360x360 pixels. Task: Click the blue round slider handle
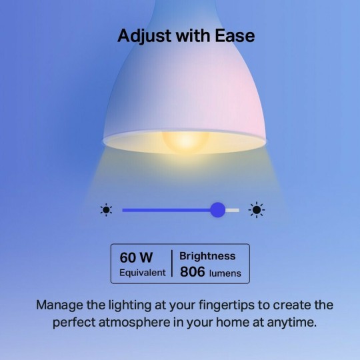[x=217, y=210]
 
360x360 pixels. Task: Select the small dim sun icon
[x=106, y=210]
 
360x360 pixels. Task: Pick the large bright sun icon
[x=256, y=210]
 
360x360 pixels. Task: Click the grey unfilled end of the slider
[x=233, y=210]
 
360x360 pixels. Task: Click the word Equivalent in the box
[x=143, y=273]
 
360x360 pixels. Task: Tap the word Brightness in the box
[x=207, y=256]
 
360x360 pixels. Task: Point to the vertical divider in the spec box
[x=171, y=264]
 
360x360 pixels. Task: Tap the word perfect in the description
[x=75, y=323]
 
